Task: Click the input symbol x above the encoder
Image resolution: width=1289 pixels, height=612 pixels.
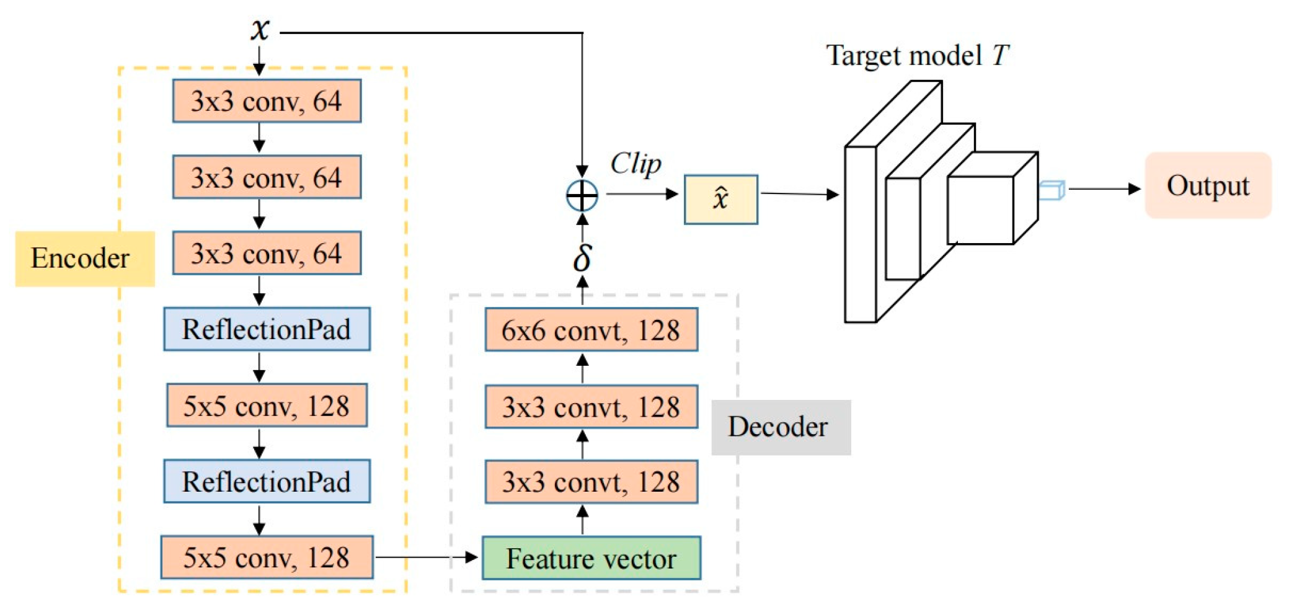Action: [x=260, y=29]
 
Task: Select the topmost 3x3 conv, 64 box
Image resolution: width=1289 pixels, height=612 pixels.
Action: [x=267, y=101]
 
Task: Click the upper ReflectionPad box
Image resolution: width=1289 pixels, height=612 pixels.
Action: [x=267, y=329]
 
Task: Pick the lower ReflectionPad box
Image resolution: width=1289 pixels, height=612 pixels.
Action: [x=267, y=481]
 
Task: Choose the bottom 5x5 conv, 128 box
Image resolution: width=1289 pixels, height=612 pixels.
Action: [x=267, y=557]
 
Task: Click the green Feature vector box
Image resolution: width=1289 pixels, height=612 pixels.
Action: [x=591, y=558]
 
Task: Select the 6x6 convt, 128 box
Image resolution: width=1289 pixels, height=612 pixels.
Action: [x=591, y=330]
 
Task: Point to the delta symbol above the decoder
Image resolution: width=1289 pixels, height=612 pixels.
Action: [x=582, y=257]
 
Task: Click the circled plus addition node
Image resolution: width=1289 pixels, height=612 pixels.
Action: [x=582, y=196]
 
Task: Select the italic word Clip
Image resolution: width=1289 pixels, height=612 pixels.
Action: [x=636, y=164]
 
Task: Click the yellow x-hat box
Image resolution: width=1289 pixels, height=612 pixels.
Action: [x=720, y=199]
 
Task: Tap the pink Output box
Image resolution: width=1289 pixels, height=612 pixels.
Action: [x=1207, y=185]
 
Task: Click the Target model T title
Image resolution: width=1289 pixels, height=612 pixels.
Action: [x=917, y=56]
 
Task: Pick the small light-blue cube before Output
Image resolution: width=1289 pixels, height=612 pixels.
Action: [x=1052, y=190]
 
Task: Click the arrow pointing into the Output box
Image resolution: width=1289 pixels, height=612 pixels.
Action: [x=1104, y=188]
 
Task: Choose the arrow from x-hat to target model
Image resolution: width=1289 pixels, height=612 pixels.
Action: [x=799, y=194]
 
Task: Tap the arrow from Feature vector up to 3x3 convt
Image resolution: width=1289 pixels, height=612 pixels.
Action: [x=582, y=520]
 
